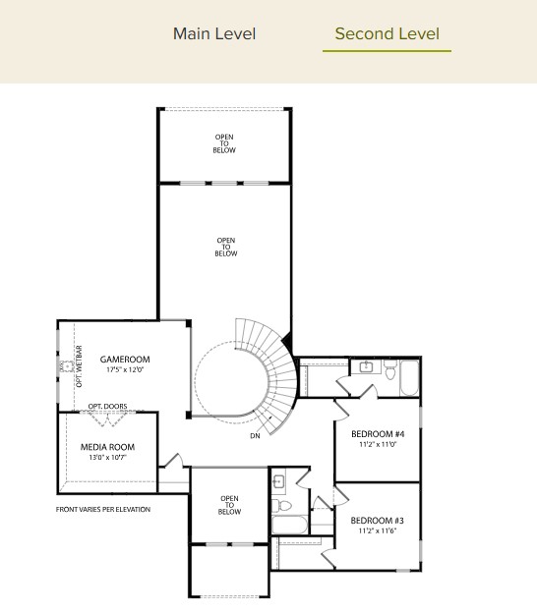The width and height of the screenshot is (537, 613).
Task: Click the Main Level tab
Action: (x=213, y=34)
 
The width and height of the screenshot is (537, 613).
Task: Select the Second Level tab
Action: (x=387, y=34)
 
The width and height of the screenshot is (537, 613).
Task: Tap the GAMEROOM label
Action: (x=124, y=360)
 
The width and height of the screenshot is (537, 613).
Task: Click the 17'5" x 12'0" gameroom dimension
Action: (x=124, y=370)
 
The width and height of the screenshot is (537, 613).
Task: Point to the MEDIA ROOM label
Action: (x=107, y=447)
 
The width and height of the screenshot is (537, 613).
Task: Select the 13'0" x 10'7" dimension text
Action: (x=107, y=458)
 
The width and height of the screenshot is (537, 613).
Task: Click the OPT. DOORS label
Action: (x=107, y=406)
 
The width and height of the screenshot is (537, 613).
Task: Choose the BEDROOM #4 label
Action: (x=378, y=434)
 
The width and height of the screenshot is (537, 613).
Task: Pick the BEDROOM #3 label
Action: (x=378, y=520)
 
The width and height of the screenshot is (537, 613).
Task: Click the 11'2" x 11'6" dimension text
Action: (x=378, y=530)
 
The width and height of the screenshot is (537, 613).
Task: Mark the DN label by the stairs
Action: (x=255, y=435)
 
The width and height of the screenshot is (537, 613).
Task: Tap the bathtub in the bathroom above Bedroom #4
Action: (x=409, y=377)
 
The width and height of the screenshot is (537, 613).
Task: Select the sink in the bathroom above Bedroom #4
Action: (x=366, y=367)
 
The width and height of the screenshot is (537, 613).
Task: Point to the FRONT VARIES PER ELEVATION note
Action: (x=103, y=509)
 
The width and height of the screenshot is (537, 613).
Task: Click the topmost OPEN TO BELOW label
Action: (x=224, y=143)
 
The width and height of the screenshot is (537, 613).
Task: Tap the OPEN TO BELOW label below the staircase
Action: (x=229, y=505)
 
